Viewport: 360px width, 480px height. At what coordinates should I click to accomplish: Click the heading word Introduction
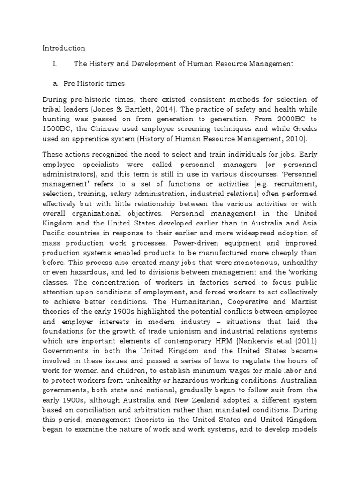(x=64, y=48)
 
